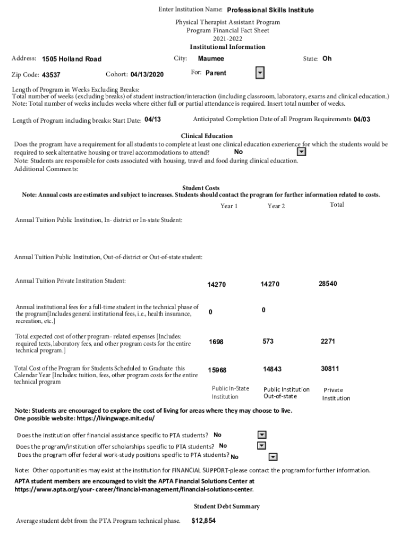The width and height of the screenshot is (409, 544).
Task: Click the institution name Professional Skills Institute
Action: click(x=270, y=10)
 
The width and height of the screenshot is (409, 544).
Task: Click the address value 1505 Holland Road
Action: click(x=72, y=59)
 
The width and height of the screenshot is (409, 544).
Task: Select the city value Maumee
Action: click(x=211, y=58)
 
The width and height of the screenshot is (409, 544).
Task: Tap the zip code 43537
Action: click(x=51, y=75)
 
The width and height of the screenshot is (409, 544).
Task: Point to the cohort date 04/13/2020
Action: click(x=147, y=74)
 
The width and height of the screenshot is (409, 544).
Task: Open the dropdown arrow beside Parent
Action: click(x=260, y=73)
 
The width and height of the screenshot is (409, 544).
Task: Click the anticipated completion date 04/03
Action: click(x=362, y=120)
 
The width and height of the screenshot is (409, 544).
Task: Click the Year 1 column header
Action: click(x=229, y=206)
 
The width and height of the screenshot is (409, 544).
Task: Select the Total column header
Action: click(x=337, y=205)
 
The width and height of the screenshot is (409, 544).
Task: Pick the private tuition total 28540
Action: click(x=328, y=284)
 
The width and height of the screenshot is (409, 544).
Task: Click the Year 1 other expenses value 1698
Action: click(x=216, y=342)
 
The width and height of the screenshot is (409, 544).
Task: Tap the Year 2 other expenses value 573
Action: click(x=268, y=342)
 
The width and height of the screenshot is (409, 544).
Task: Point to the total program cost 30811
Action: click(x=330, y=369)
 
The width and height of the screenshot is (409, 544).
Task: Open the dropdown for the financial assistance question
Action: click(x=261, y=435)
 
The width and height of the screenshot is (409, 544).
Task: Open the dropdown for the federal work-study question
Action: click(x=273, y=456)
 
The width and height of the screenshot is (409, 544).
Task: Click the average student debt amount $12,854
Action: click(x=203, y=521)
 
